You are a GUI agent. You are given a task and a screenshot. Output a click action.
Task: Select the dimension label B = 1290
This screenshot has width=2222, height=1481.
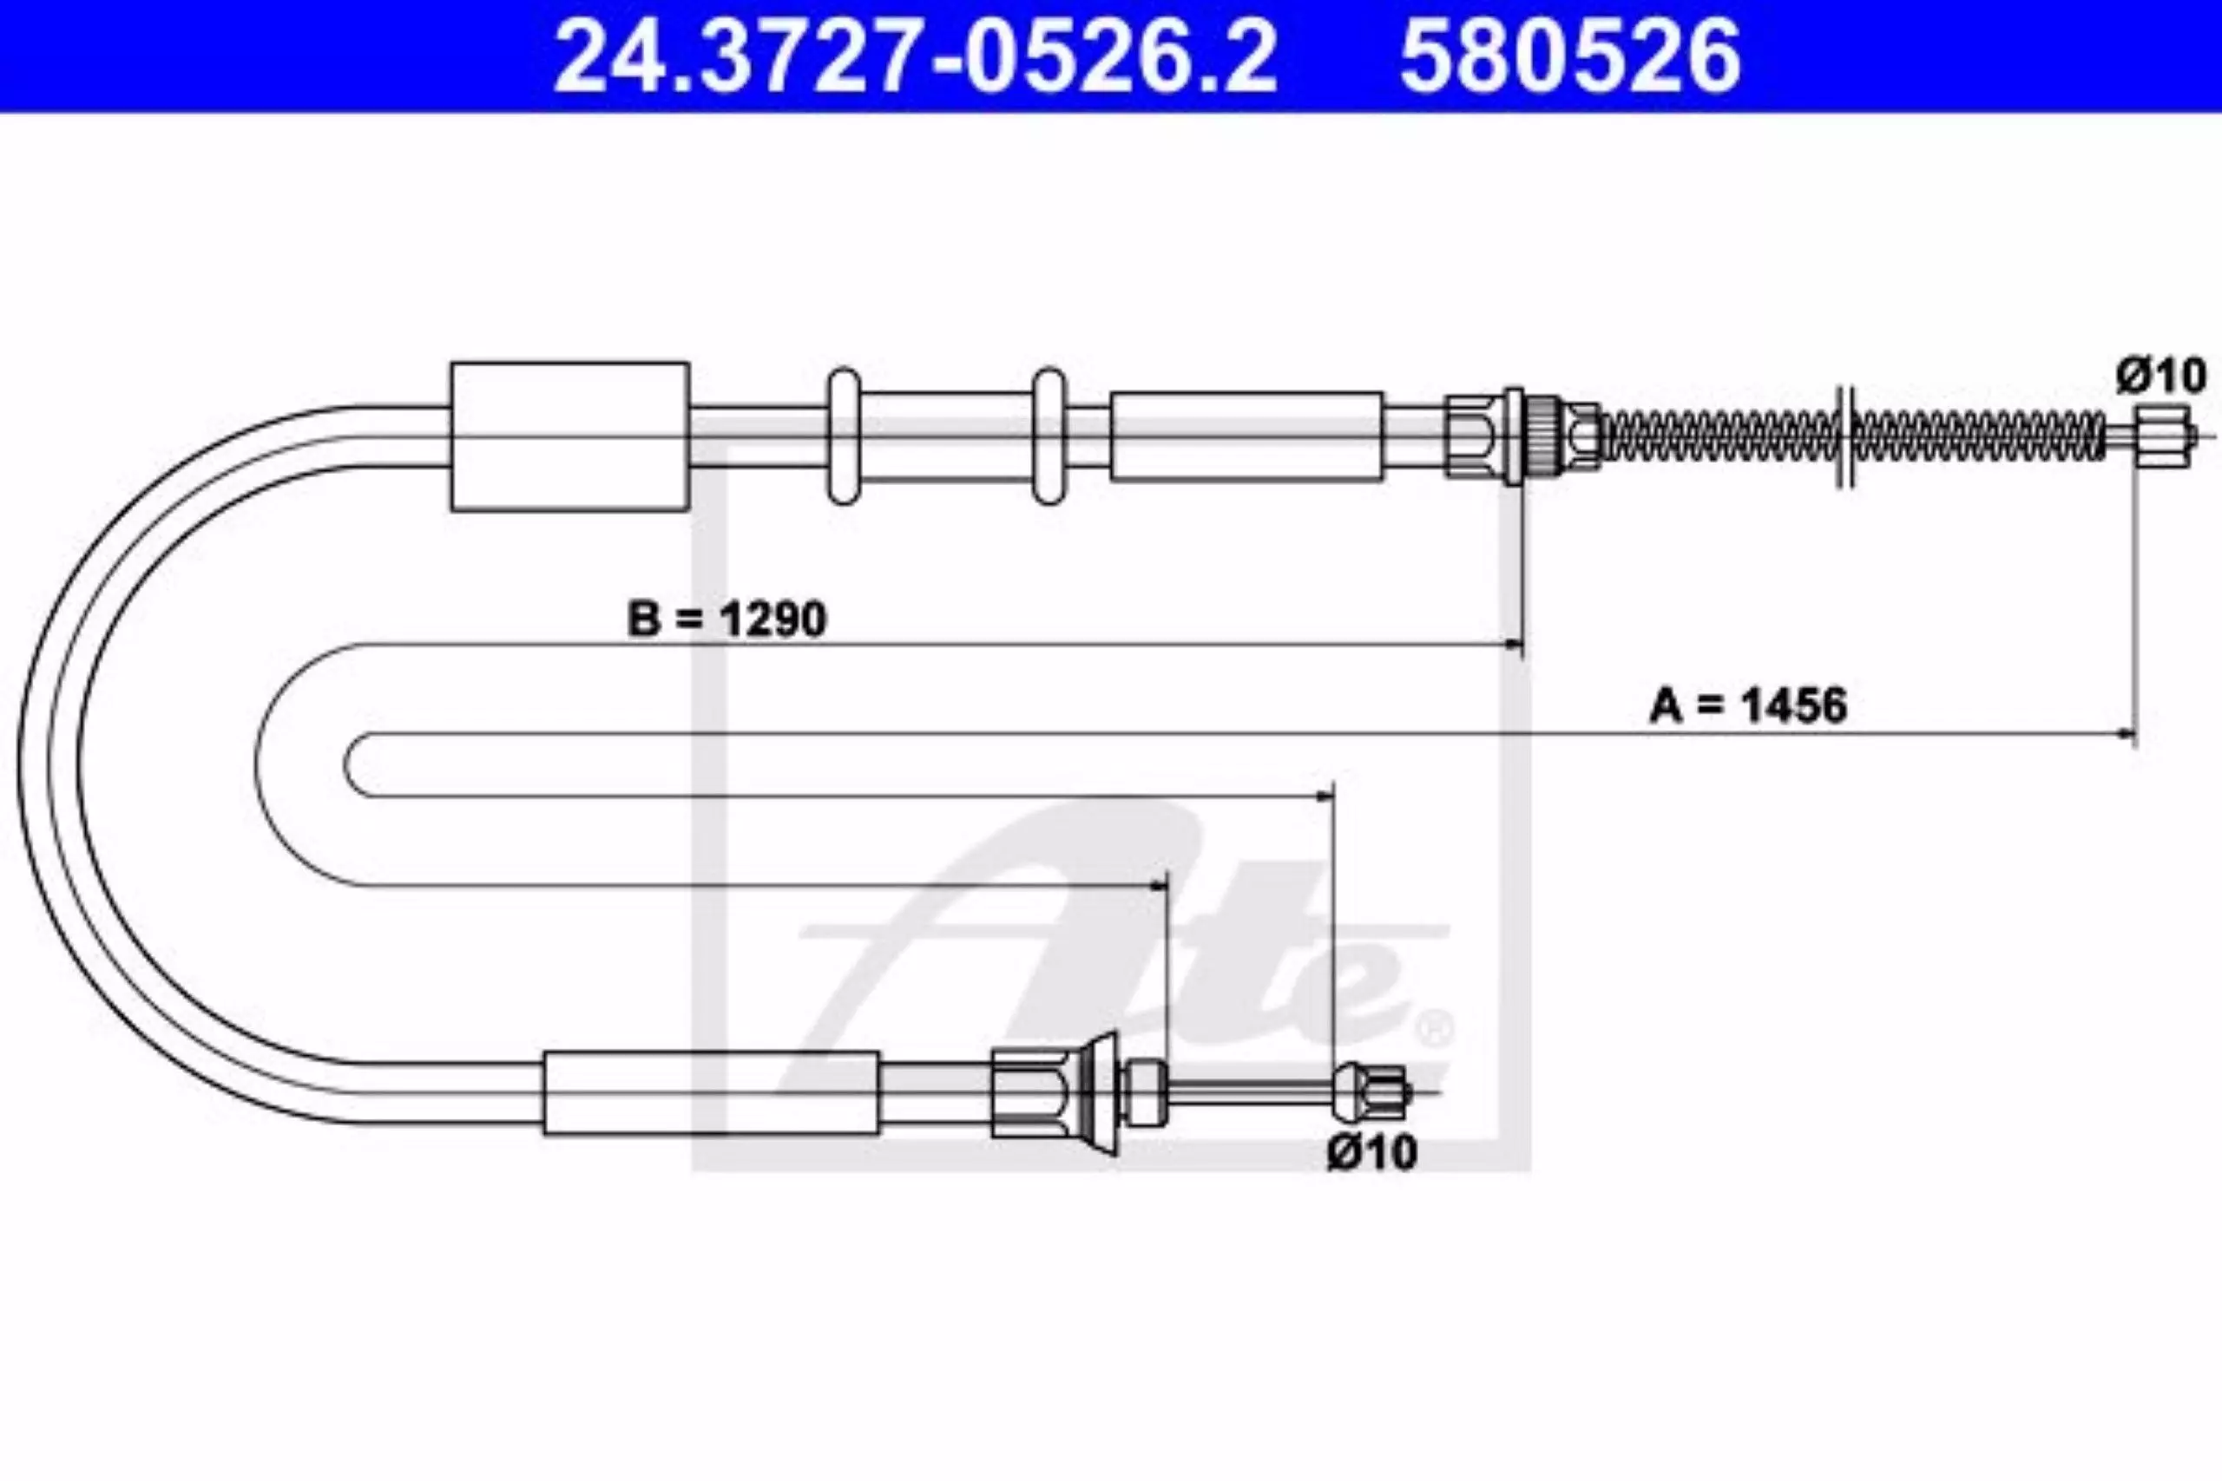(726, 619)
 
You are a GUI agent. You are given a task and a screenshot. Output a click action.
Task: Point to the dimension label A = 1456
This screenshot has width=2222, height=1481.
(1748, 705)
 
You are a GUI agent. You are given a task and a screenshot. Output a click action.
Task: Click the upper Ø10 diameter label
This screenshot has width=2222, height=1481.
(2160, 376)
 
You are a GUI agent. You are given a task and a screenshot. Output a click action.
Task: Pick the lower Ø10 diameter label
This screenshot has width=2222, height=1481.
(1371, 1151)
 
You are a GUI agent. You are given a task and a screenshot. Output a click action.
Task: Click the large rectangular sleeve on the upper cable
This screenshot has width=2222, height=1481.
(569, 436)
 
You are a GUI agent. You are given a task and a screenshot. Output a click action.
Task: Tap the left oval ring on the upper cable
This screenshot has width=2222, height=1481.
(844, 436)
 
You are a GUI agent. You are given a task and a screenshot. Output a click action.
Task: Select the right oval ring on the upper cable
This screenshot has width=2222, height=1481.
(1048, 436)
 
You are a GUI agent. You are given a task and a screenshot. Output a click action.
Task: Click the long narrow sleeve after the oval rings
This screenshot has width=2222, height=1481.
(1247, 436)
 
